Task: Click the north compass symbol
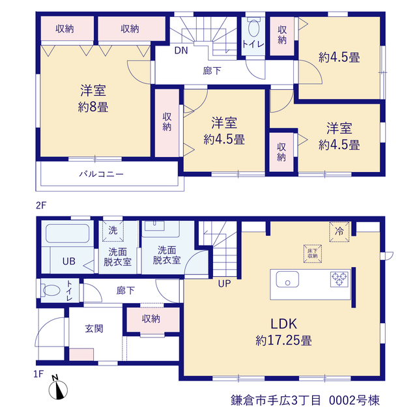[58, 390]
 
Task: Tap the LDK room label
[283, 324]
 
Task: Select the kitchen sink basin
[287, 280]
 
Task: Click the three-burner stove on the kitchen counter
[339, 280]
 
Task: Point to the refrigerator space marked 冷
[339, 232]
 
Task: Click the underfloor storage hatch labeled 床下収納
[313, 253]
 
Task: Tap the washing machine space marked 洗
[113, 231]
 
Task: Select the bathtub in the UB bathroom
[68, 233]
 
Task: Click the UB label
[69, 261]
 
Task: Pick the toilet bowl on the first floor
[51, 291]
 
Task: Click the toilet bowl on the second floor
[253, 27]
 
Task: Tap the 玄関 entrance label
[94, 328]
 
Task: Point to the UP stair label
[224, 284]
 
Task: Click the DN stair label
[181, 50]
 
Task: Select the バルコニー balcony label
[102, 174]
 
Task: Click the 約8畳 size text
[93, 108]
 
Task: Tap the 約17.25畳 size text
[283, 340]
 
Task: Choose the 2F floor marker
[41, 205]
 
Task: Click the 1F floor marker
[38, 374]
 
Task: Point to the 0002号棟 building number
[354, 400]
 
